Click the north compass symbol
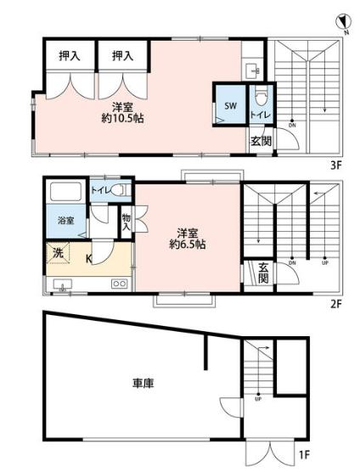[344, 23]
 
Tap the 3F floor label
[335, 166]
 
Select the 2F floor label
[336, 304]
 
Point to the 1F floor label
[304, 455]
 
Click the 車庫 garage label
[143, 383]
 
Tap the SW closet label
[231, 105]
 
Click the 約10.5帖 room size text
[122, 119]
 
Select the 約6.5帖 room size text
[188, 244]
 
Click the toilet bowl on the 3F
[261, 95]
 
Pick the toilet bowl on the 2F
[119, 190]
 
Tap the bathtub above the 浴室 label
[65, 192]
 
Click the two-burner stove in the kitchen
[119, 284]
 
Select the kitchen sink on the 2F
[63, 284]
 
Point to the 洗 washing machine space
[58, 253]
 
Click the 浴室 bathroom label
[66, 221]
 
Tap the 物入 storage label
[127, 222]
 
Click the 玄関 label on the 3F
[261, 141]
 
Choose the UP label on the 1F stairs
[258, 399]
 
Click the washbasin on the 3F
[253, 71]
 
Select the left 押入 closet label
[70, 56]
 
